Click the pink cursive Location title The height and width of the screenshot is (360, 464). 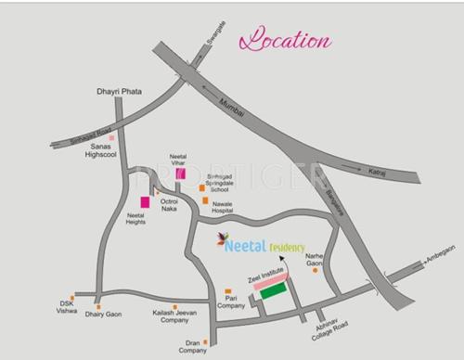(286, 42)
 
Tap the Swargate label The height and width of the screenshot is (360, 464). (212, 38)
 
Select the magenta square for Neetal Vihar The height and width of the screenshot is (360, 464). (181, 173)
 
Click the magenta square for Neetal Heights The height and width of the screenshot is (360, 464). (145, 201)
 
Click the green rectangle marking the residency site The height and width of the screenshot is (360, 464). (273, 292)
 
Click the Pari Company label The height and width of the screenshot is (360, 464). (231, 302)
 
